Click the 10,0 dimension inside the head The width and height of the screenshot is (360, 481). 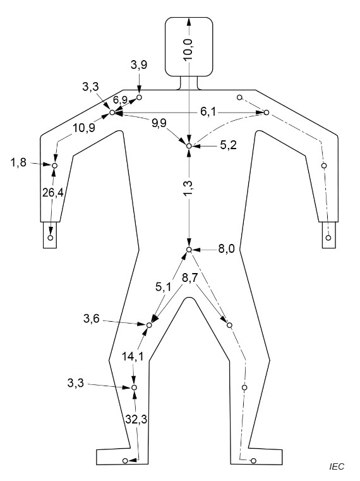tap(188, 49)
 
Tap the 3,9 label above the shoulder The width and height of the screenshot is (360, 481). tap(139, 64)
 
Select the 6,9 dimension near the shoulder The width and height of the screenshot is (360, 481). tap(120, 100)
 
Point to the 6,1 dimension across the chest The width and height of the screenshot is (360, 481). tap(208, 112)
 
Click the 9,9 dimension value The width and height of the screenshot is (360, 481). tap(159, 123)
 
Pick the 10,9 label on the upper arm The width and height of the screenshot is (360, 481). tap(84, 128)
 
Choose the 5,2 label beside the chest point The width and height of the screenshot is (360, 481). tap(229, 145)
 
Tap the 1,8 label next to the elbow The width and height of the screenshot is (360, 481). tap(18, 162)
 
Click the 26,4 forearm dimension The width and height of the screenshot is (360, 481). tap(53, 193)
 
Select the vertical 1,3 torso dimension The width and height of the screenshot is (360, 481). tap(188, 188)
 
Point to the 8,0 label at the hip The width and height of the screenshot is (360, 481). tap(227, 249)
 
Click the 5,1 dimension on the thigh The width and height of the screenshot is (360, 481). tap(164, 287)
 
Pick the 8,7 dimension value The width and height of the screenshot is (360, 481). tap(190, 277)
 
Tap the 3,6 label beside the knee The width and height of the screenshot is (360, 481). tap(92, 319)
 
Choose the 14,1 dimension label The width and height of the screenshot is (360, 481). tap(133, 356)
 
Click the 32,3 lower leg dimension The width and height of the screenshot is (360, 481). tap(136, 419)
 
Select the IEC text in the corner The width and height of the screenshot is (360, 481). tap(337, 466)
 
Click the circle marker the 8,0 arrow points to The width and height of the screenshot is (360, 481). tap(189, 250)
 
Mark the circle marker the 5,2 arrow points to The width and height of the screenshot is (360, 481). tap(189, 146)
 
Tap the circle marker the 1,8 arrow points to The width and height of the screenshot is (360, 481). tap(55, 166)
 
